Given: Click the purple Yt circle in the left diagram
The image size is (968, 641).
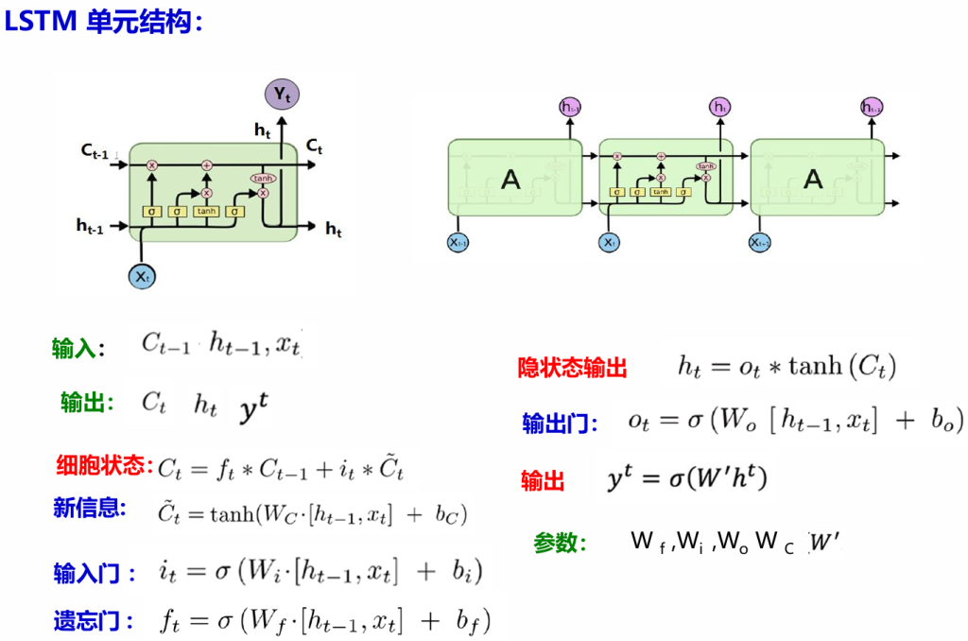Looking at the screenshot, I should click(281, 93).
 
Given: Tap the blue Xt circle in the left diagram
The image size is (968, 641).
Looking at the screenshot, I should click(142, 277).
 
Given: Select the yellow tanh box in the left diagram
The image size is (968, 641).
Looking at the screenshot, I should click(205, 211).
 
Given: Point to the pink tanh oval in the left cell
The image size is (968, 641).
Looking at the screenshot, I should click(262, 178).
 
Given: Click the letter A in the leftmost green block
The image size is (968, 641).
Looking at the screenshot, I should click(510, 179).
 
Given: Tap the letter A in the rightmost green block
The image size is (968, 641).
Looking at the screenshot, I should click(813, 179).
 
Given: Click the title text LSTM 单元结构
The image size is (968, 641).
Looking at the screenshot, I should click(103, 21).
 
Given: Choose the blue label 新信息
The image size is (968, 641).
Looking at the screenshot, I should click(90, 508).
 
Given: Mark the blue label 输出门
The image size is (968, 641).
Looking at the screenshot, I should click(560, 424).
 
